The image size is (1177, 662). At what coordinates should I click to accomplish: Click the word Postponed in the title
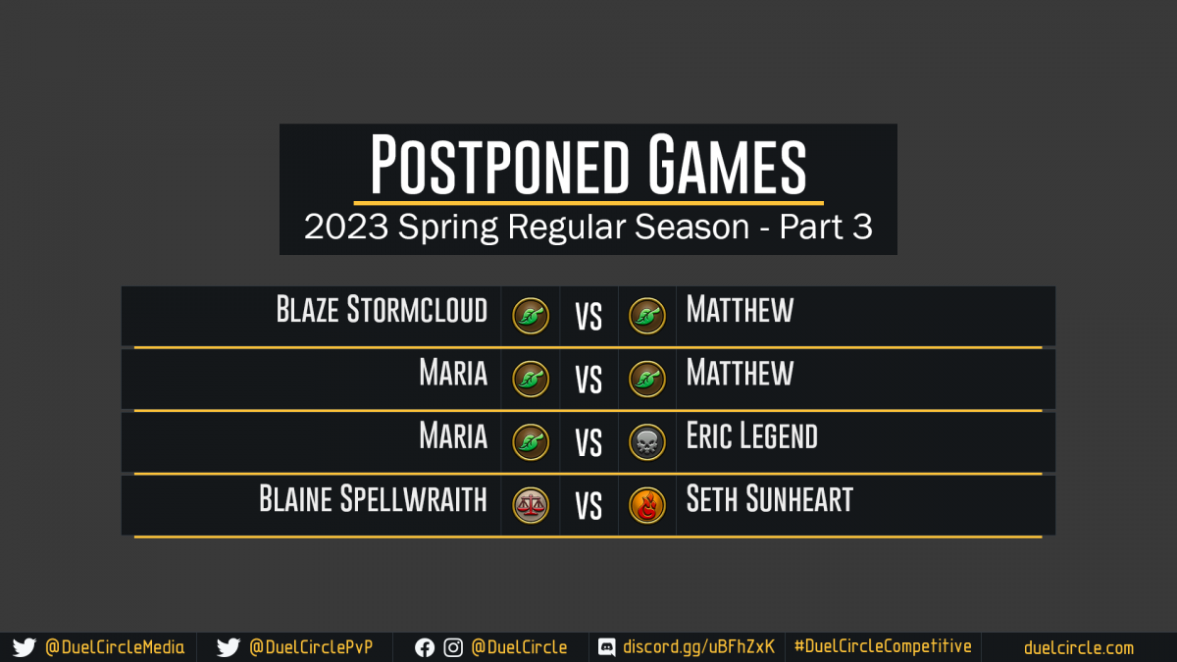(x=499, y=164)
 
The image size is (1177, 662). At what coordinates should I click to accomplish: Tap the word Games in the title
(x=727, y=164)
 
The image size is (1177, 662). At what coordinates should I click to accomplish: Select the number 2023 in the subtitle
(x=346, y=227)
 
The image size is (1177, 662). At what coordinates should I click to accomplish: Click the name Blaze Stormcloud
(x=382, y=309)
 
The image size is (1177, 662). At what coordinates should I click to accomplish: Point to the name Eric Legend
(x=752, y=435)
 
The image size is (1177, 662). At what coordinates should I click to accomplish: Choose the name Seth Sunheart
(x=770, y=498)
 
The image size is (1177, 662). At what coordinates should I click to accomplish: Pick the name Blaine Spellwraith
(x=373, y=498)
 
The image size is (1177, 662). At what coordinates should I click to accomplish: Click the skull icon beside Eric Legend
(x=646, y=442)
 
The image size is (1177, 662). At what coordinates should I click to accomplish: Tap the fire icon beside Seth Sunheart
(x=646, y=505)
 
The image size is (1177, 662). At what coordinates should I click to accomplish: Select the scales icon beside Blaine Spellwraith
(x=531, y=505)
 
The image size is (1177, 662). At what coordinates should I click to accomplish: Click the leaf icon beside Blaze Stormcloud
(x=531, y=316)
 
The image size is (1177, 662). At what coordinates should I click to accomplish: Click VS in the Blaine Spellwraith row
(x=588, y=506)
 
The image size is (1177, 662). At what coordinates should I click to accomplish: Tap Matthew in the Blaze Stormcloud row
(x=740, y=309)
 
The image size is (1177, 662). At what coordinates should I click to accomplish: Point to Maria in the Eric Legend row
(x=453, y=435)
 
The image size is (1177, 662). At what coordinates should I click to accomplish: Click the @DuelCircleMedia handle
(x=115, y=647)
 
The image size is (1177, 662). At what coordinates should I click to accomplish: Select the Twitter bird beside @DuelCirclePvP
(x=228, y=647)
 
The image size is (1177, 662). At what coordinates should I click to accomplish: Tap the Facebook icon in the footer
(x=425, y=648)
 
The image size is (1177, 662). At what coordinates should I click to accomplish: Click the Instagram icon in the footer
(x=453, y=648)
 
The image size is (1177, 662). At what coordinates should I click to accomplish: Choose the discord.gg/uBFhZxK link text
(x=698, y=646)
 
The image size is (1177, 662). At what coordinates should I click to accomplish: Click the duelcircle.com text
(x=1079, y=648)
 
